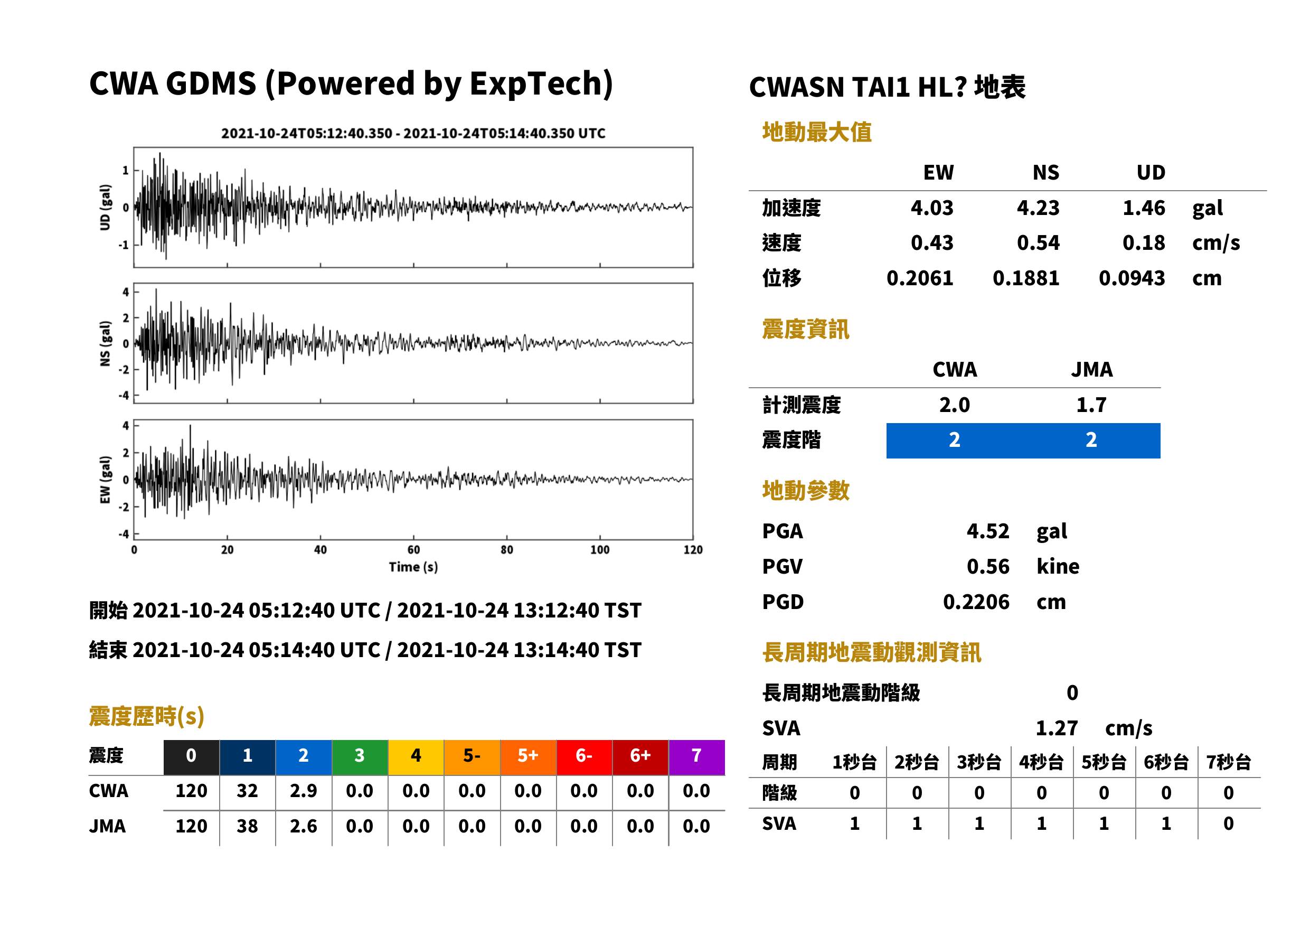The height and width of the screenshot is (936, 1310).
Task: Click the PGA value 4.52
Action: (987, 531)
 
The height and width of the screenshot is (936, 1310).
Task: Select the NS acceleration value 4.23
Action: (1038, 208)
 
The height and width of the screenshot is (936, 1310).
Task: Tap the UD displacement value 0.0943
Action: (1132, 278)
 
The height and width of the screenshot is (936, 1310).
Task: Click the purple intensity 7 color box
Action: (696, 757)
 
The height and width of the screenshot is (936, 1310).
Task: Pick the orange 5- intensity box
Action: (472, 757)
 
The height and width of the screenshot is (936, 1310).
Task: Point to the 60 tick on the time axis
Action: (413, 550)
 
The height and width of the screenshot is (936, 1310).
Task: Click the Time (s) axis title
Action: (413, 567)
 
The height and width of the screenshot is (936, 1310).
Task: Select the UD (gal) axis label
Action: (105, 208)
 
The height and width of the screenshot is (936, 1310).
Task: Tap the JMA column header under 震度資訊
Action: (1091, 369)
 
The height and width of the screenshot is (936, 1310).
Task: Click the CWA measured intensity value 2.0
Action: (954, 405)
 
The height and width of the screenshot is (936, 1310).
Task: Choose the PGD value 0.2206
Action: (976, 602)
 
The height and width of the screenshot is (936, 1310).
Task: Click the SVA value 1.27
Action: (1057, 728)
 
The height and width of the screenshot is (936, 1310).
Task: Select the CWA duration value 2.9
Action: (304, 791)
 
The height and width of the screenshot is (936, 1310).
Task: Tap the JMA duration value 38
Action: (247, 826)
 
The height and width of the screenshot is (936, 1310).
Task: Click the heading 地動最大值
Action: (816, 132)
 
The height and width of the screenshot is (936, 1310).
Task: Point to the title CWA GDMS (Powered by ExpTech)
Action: (351, 83)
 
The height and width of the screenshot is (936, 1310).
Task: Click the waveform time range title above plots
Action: (413, 133)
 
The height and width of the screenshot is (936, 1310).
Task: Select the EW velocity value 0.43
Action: (931, 242)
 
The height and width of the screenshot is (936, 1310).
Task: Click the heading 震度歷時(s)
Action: (146, 716)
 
